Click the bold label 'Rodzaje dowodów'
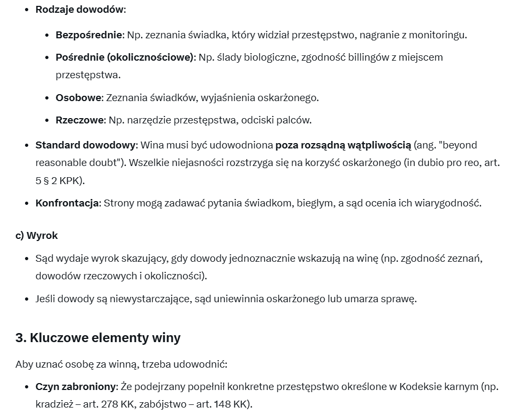click(x=80, y=10)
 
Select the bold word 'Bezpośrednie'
click(x=89, y=35)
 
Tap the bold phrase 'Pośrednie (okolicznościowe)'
click(x=125, y=57)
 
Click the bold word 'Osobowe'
click(x=79, y=98)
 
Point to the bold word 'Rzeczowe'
click(x=80, y=120)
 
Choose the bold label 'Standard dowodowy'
click(x=86, y=145)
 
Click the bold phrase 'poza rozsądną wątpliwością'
click(x=343, y=145)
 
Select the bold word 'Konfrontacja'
click(x=67, y=203)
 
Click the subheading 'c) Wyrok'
click(x=36, y=235)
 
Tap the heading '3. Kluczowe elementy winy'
click(x=98, y=338)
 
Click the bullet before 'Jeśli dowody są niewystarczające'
click(x=28, y=299)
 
